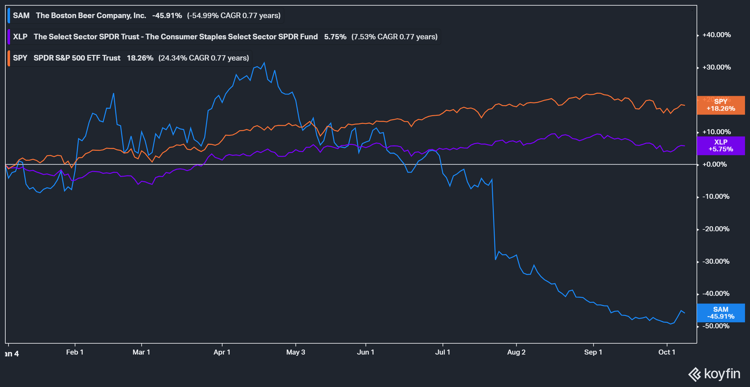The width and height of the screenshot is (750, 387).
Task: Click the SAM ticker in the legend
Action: pos(21,16)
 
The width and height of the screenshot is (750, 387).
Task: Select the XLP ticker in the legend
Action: pos(20,37)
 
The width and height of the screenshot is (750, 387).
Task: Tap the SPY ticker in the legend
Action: pos(20,58)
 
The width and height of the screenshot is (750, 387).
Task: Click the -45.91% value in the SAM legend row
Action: pos(167,16)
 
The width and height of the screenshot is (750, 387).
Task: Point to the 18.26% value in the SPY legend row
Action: pos(140,58)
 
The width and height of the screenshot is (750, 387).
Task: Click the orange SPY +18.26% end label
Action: pos(721,105)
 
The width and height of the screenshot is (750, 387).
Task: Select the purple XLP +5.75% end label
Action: pos(721,145)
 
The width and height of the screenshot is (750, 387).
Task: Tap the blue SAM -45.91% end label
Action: pos(721,313)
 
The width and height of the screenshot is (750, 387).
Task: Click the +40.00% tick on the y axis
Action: pos(716,35)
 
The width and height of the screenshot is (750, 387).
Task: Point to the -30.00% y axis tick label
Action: pos(716,261)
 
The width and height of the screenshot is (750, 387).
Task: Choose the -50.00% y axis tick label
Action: pos(716,326)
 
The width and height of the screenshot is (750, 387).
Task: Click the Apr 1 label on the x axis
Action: pos(222,352)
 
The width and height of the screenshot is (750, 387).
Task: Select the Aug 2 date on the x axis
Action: pos(516,352)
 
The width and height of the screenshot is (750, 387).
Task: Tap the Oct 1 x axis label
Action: pos(667,352)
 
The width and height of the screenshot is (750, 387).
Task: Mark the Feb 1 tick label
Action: pos(75,352)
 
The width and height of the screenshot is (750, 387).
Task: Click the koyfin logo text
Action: pos(722,374)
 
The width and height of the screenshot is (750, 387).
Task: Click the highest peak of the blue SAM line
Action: pos(264,63)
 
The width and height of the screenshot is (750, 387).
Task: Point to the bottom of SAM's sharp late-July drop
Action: pos(496,259)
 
